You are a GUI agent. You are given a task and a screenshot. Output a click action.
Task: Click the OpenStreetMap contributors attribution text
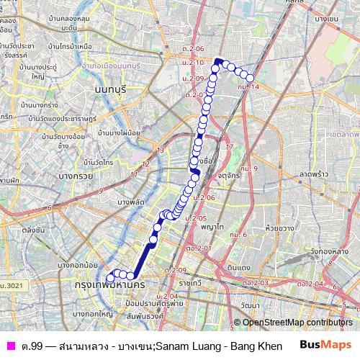point(297,322)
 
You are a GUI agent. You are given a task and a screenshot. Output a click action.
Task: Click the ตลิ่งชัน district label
point(33,230)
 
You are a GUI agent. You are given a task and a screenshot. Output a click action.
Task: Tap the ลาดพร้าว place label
point(314,174)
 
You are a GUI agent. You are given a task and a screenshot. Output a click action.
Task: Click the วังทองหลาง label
point(334,251)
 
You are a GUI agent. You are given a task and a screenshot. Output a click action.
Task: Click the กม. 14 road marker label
point(251,86)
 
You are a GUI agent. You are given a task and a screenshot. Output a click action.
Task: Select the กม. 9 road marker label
point(251,168)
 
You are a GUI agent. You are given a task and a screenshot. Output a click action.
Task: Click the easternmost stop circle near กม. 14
point(251,77)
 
